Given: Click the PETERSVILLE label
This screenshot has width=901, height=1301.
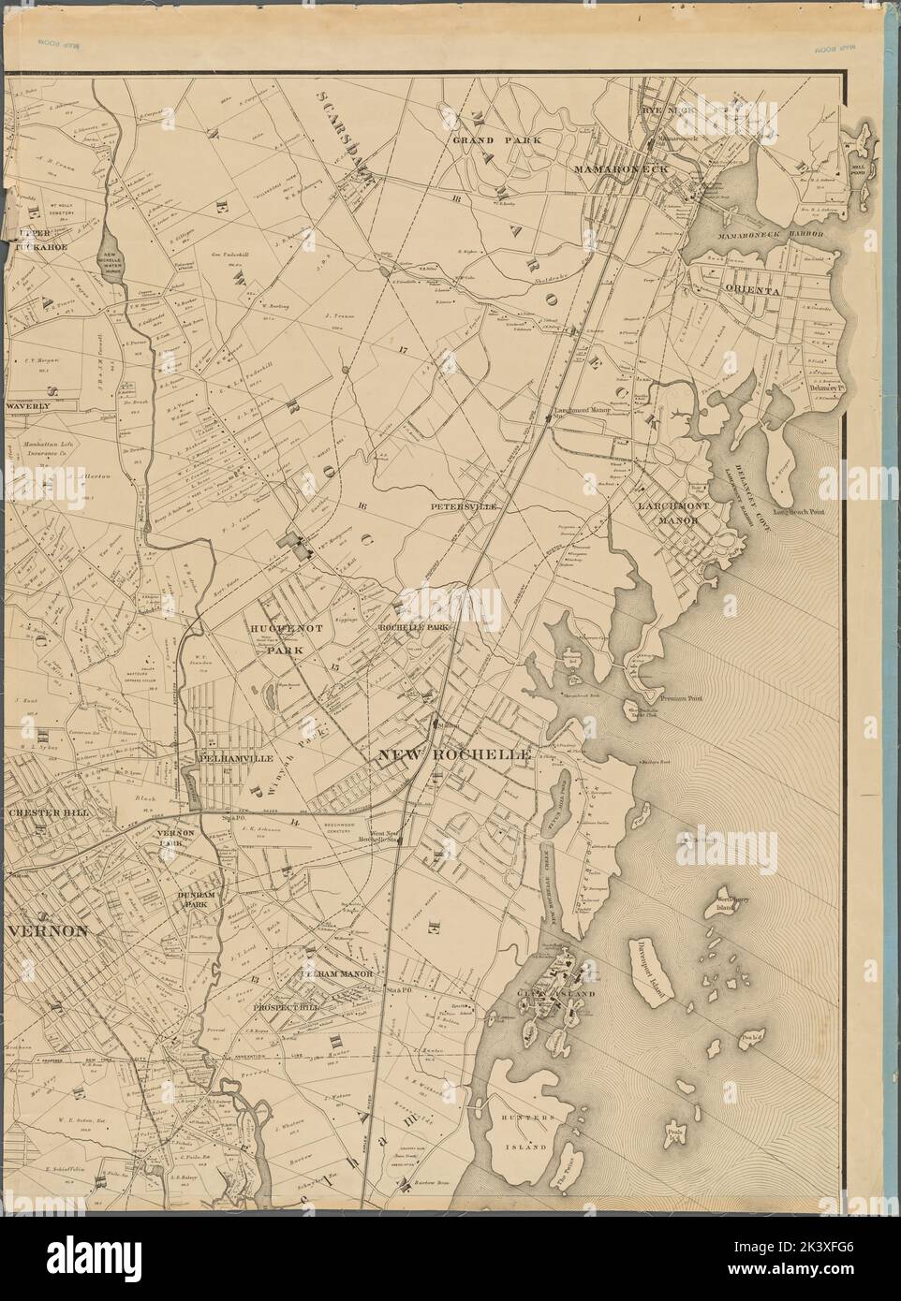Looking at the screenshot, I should [x=461, y=506].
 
